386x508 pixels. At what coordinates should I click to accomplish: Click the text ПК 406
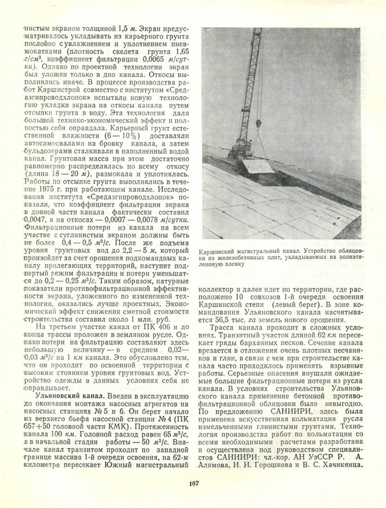(x=150, y=327)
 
